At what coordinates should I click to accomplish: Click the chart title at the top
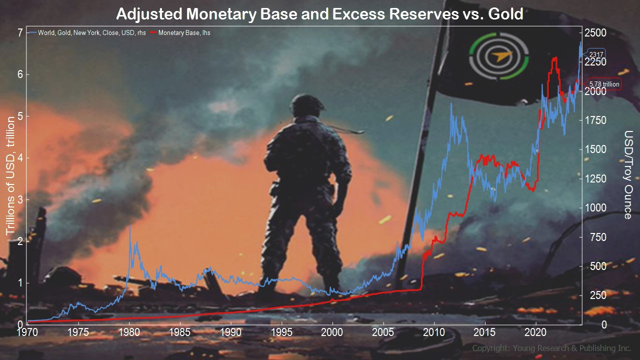pyautogui.click(x=319, y=14)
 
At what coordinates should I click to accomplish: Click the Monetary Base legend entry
pyautogui.click(x=180, y=33)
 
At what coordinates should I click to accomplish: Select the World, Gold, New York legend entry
pyautogui.click(x=87, y=33)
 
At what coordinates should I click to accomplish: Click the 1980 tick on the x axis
pyautogui.click(x=129, y=332)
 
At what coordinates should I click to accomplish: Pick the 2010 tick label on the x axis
pyautogui.click(x=434, y=332)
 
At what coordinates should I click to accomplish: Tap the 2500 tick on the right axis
pyautogui.click(x=595, y=32)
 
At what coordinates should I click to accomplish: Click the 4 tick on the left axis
pyautogui.click(x=20, y=158)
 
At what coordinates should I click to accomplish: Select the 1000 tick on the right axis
pyautogui.click(x=595, y=207)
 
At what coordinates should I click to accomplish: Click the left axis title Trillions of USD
pyautogui.click(x=10, y=175)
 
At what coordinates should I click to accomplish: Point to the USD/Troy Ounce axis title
pyautogui.click(x=628, y=175)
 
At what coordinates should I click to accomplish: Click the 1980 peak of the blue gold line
pyautogui.click(x=130, y=226)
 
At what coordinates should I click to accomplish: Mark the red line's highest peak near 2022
pyautogui.click(x=555, y=57)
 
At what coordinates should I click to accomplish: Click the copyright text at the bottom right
pyautogui.click(x=551, y=348)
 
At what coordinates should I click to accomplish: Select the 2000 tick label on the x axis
pyautogui.click(x=332, y=332)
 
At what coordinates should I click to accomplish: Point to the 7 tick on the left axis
pyautogui.click(x=20, y=32)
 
